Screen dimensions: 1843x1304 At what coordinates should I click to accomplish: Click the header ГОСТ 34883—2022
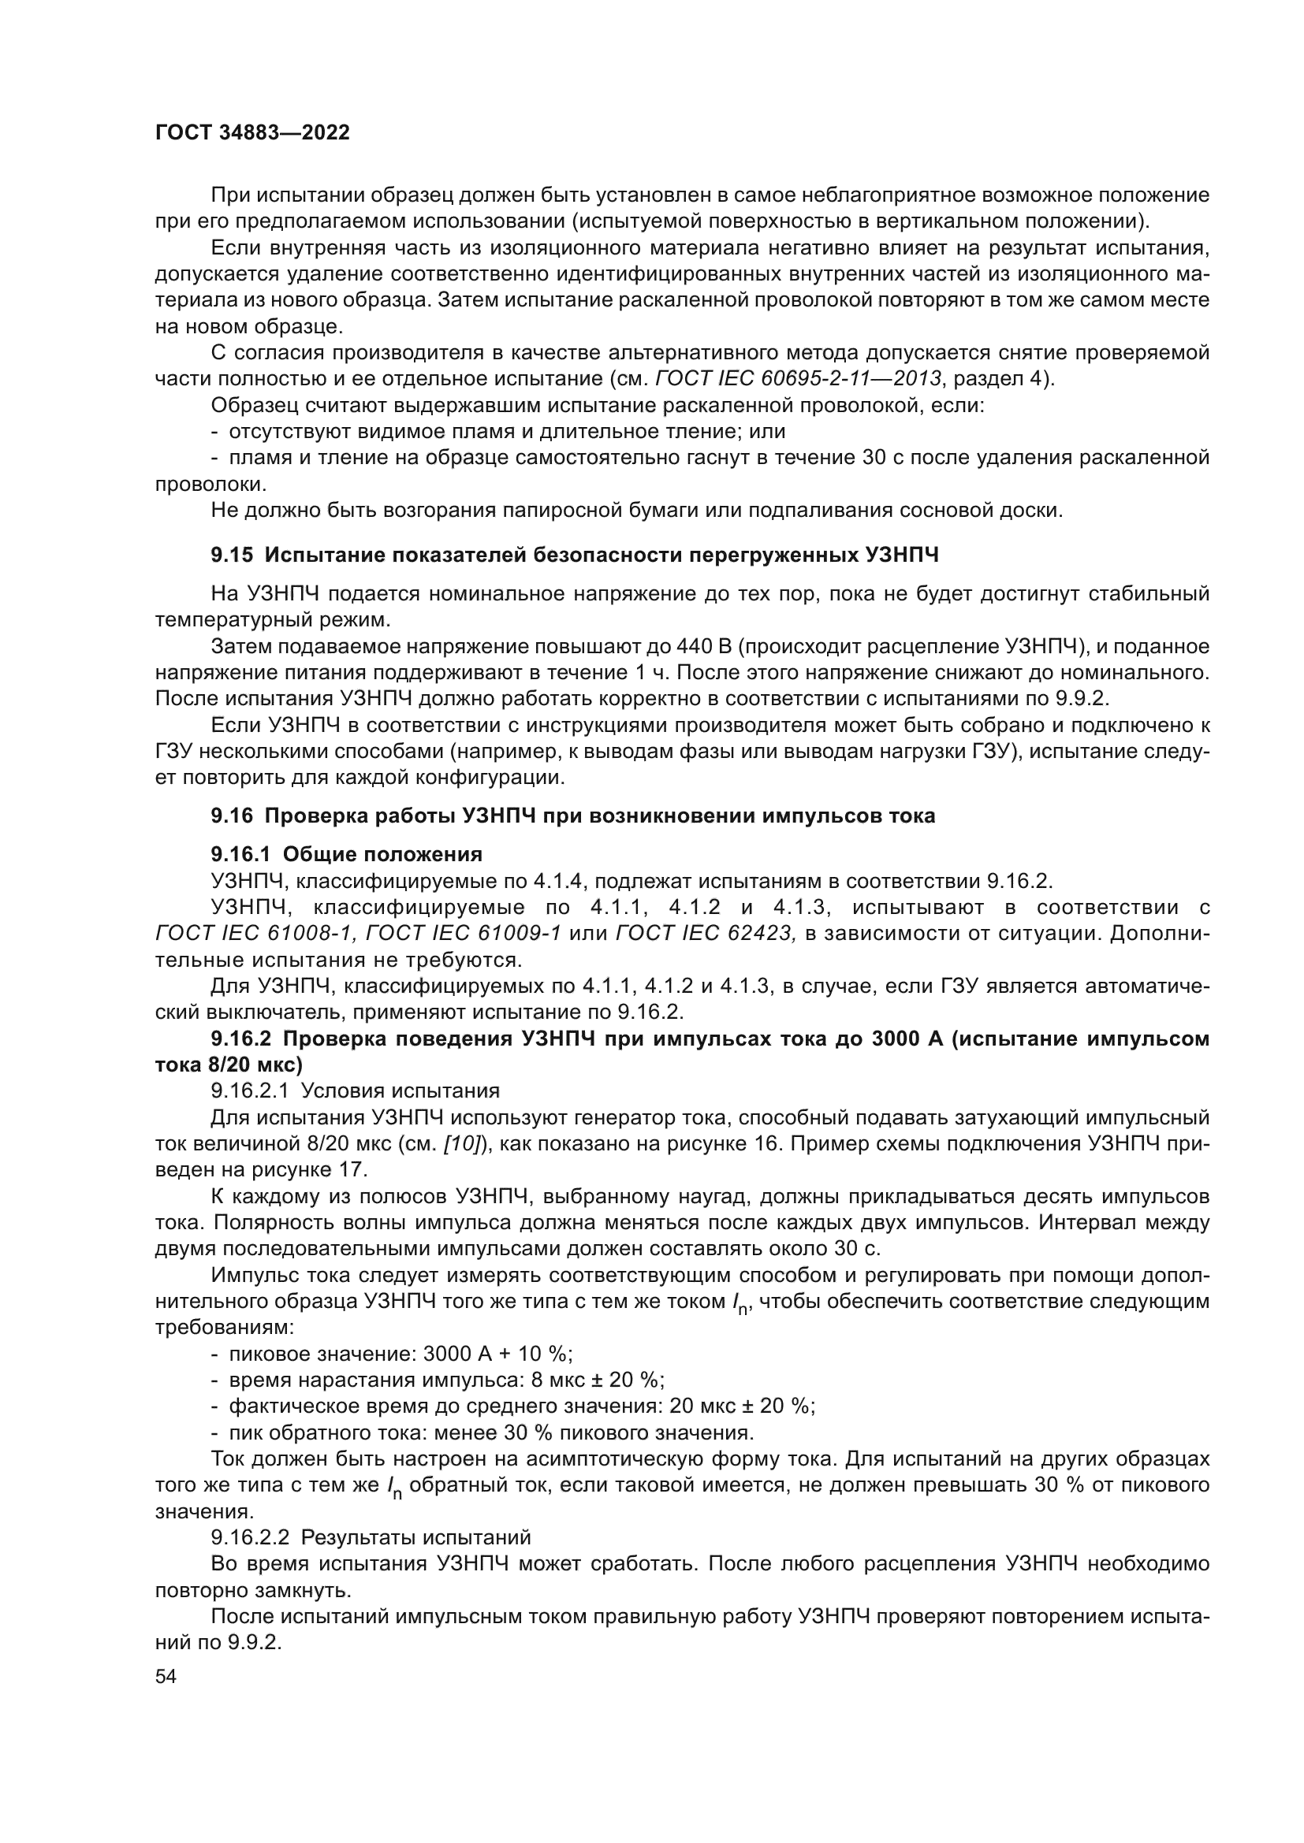(252, 133)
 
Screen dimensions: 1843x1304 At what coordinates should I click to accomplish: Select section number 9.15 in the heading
(232, 555)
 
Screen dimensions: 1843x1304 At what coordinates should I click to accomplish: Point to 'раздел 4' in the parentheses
(997, 379)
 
